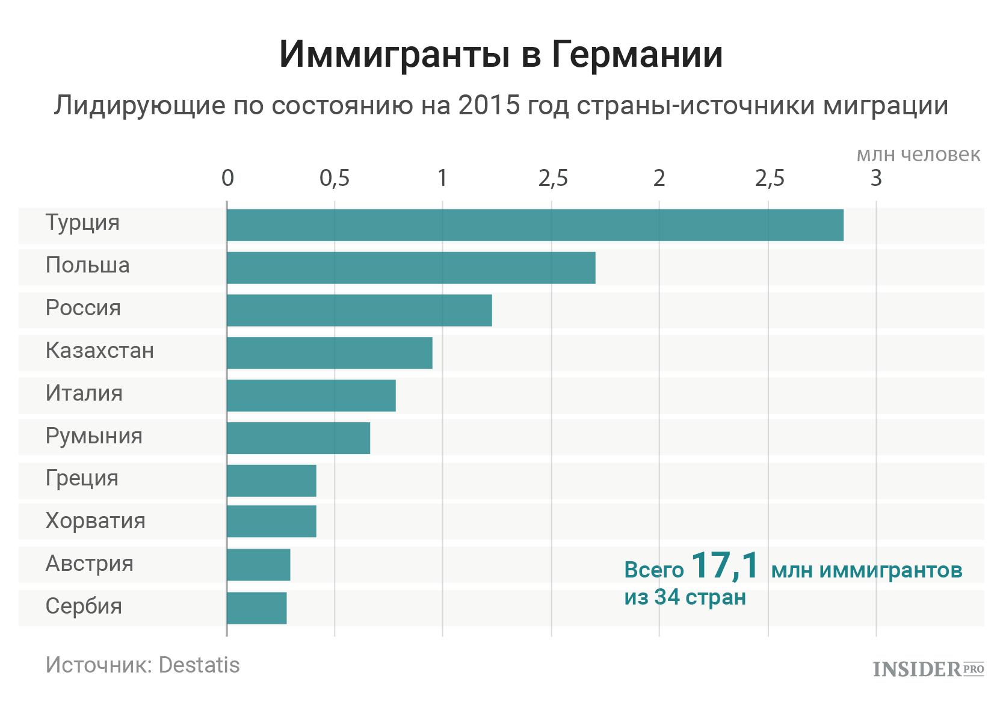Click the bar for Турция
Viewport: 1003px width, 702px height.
tap(535, 225)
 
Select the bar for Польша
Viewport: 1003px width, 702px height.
tap(411, 268)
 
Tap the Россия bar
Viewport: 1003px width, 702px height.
tap(359, 310)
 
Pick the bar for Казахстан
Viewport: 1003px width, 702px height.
tap(329, 353)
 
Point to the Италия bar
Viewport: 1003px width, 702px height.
tap(311, 395)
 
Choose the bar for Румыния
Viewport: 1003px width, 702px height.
tap(298, 438)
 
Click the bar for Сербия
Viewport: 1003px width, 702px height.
tap(257, 608)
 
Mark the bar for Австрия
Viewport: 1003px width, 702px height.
tap(259, 565)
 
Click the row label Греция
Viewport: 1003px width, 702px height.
tap(82, 479)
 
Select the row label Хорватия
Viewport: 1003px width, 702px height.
tap(95, 521)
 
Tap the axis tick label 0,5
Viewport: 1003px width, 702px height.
tap(335, 179)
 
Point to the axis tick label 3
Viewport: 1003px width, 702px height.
tap(876, 179)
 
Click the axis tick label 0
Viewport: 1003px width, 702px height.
tap(227, 179)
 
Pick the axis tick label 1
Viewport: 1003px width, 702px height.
tap(442, 179)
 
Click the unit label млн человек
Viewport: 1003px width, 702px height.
tap(918, 155)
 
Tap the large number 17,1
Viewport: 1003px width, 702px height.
tap(726, 565)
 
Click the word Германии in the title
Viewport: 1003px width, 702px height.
tap(637, 55)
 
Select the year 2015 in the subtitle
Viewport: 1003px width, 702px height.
tap(489, 106)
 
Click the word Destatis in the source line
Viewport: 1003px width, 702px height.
tap(199, 665)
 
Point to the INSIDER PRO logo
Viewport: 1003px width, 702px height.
tap(928, 669)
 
